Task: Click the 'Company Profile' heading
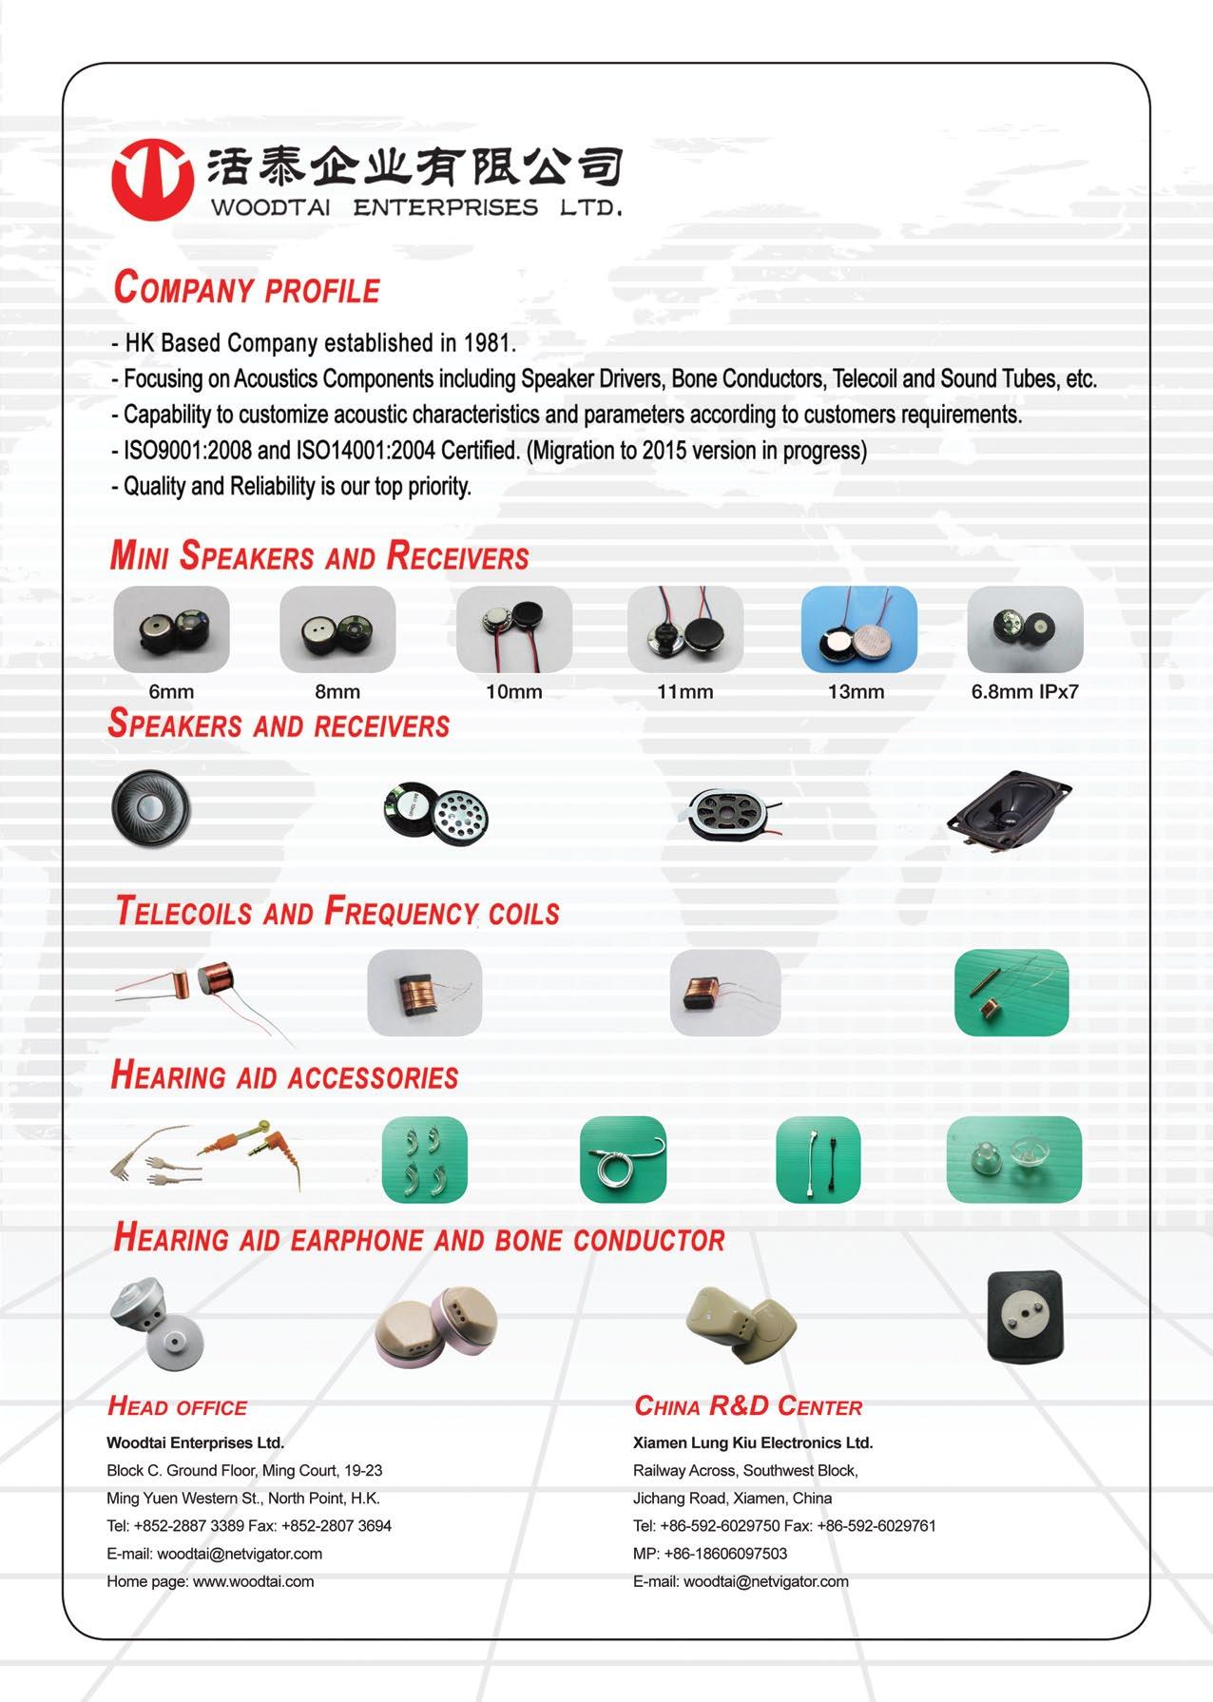[246, 288]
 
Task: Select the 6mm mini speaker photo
[171, 629]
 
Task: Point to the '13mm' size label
[856, 692]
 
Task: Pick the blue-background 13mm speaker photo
[858, 629]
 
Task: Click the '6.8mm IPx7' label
[1024, 692]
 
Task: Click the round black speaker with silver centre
[151, 808]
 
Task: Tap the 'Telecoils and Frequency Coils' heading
[337, 911]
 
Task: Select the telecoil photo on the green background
[1011, 992]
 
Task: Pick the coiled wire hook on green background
[623, 1159]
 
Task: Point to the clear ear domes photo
[1013, 1159]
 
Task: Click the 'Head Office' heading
[177, 1407]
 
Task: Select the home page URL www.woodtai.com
[253, 1581]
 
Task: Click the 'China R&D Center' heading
[747, 1406]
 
